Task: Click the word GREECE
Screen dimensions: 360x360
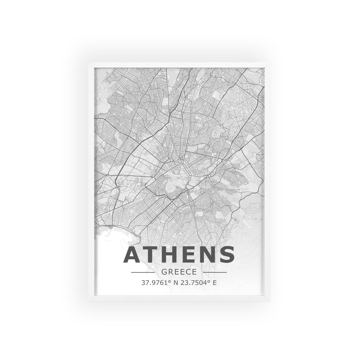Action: click(179, 272)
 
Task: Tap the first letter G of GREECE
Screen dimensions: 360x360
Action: click(164, 272)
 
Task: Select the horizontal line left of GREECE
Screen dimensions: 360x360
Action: click(143, 272)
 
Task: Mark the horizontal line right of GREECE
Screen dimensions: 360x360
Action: click(215, 272)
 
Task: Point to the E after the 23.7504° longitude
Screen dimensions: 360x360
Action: click(215, 283)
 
